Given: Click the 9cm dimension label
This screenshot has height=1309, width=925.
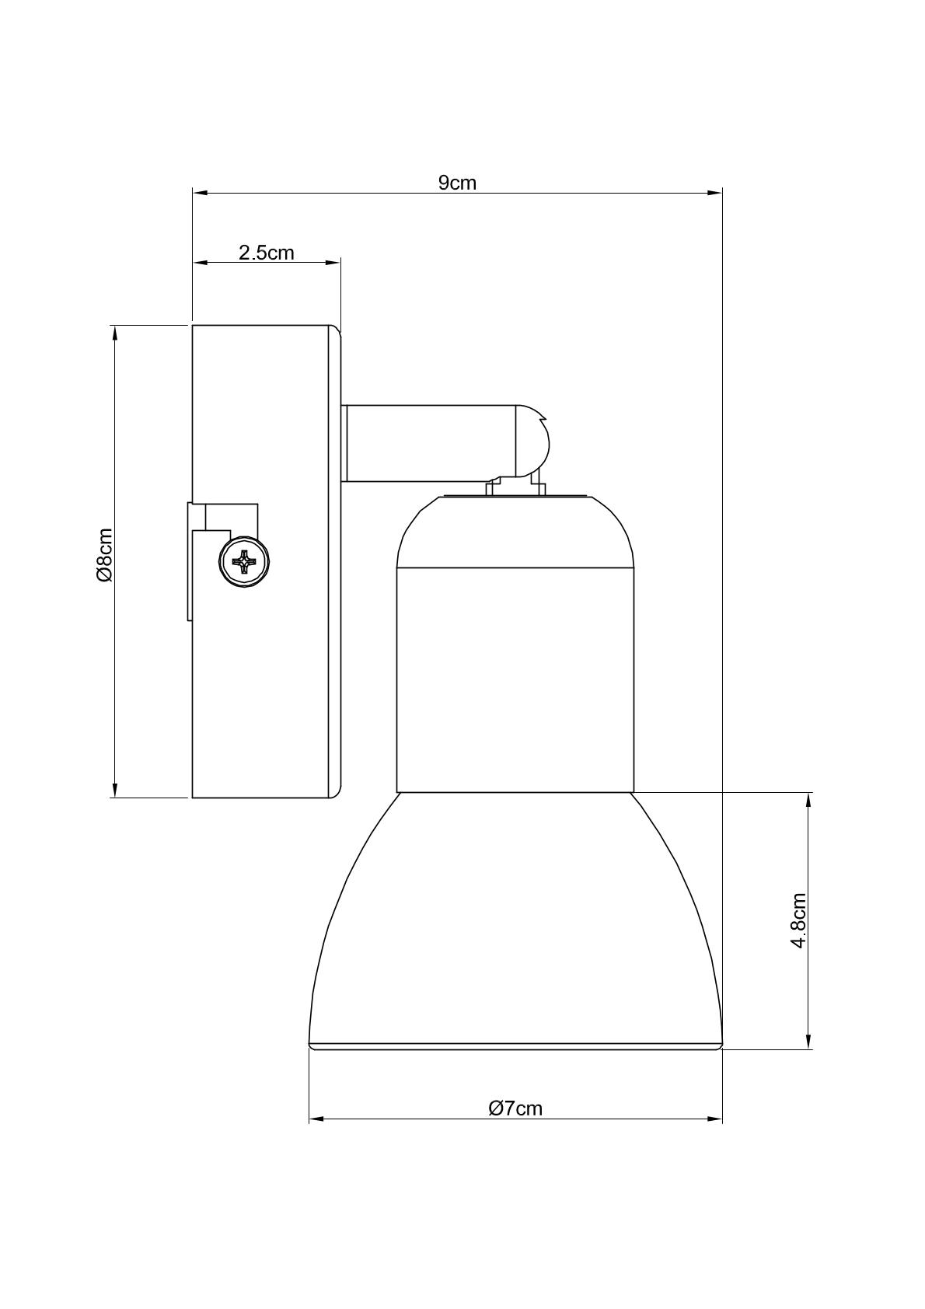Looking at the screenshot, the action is [x=458, y=183].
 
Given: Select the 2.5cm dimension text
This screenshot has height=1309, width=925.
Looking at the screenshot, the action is [x=266, y=253].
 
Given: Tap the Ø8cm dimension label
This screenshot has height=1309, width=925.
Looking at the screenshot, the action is [x=104, y=555].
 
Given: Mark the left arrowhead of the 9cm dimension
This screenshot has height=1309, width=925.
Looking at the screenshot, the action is [x=201, y=192].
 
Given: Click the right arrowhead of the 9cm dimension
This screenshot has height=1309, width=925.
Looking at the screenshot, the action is [x=714, y=192].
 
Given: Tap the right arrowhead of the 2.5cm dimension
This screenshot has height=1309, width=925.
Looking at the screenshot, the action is [x=333, y=263].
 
